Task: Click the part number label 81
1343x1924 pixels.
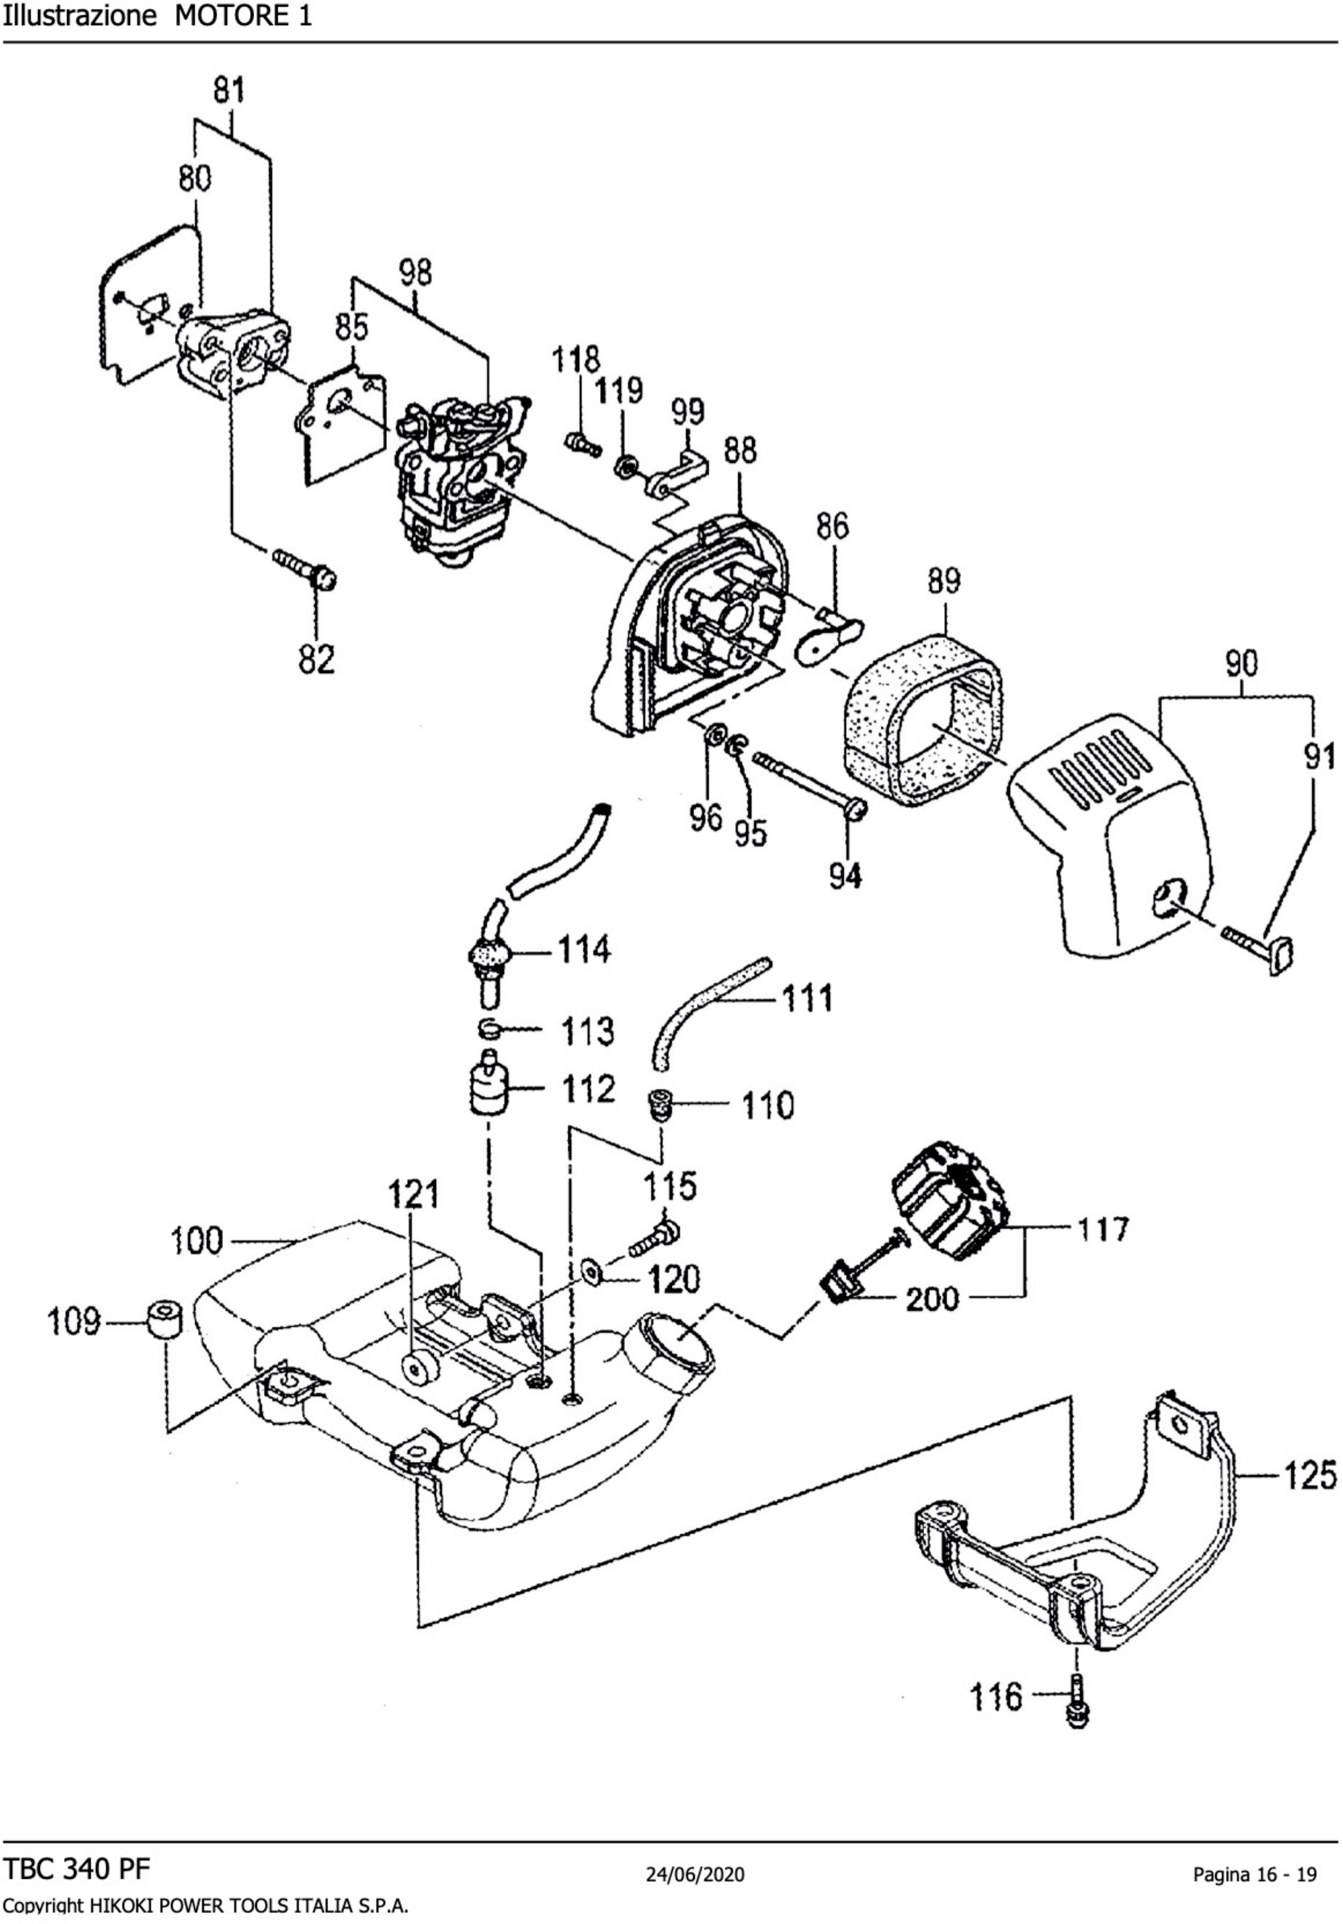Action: (x=229, y=89)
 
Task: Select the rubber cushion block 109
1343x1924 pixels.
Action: (x=164, y=1321)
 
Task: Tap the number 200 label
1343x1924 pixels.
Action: (x=932, y=1300)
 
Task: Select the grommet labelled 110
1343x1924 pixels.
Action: (x=662, y=1105)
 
